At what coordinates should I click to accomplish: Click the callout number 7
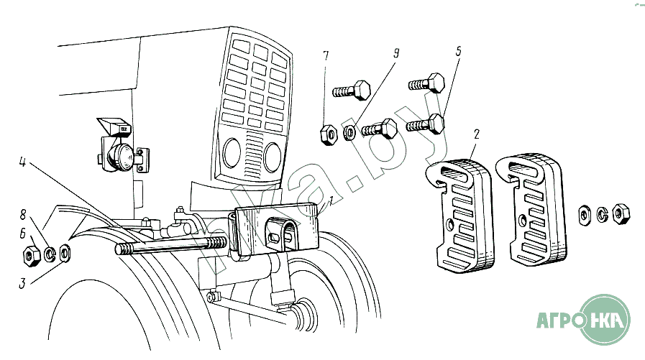(326, 55)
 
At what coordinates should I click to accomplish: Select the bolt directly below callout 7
(351, 91)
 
